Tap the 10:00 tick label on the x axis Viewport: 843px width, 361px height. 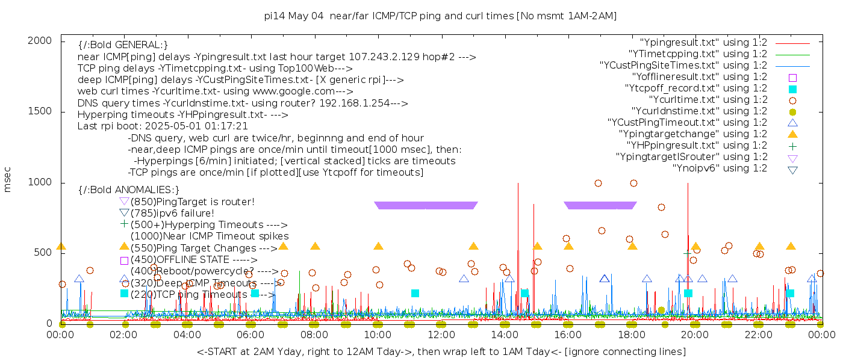[378, 335]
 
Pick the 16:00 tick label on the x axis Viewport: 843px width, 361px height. [568, 335]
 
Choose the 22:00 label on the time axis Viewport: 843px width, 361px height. [758, 335]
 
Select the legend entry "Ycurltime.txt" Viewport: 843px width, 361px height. [708, 100]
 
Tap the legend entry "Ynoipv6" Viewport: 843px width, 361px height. [720, 168]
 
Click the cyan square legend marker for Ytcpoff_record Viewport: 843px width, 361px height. [792, 89]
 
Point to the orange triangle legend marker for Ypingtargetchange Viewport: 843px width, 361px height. [792, 134]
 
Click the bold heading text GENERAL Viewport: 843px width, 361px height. [123, 45]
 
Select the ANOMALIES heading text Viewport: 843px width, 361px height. [129, 190]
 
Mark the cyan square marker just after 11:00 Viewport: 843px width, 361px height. [415, 293]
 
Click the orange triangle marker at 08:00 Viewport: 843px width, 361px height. [315, 246]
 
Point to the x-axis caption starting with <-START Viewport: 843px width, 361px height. [441, 351]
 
